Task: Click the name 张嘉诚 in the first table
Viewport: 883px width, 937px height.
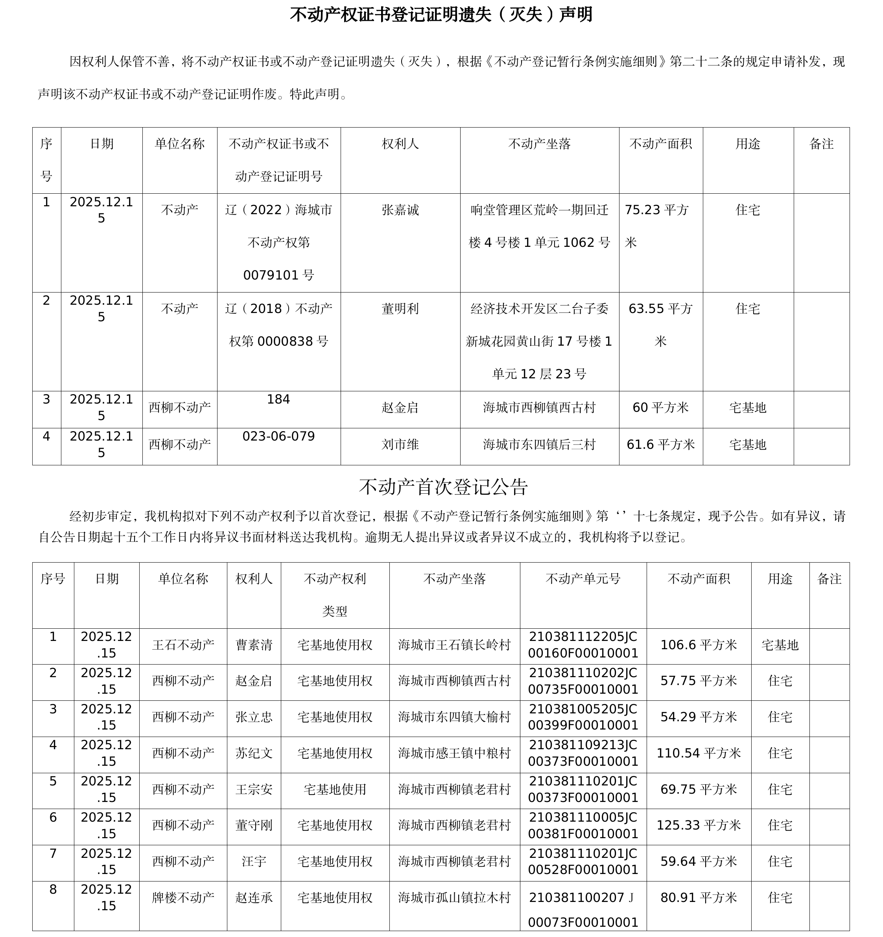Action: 400,210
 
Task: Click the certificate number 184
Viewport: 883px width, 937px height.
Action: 278,399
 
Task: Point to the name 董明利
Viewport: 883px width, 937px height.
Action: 400,309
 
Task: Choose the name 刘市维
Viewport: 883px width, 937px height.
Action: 400,444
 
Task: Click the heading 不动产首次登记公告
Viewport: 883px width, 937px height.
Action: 443,487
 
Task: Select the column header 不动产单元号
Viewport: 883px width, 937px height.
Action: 583,579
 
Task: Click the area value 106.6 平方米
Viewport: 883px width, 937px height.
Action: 699,645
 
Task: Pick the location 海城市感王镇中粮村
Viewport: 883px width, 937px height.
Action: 454,753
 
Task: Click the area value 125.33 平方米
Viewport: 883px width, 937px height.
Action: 699,825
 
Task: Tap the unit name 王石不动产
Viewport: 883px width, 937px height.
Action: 183,645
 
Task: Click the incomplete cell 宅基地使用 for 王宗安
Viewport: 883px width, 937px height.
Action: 335,789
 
